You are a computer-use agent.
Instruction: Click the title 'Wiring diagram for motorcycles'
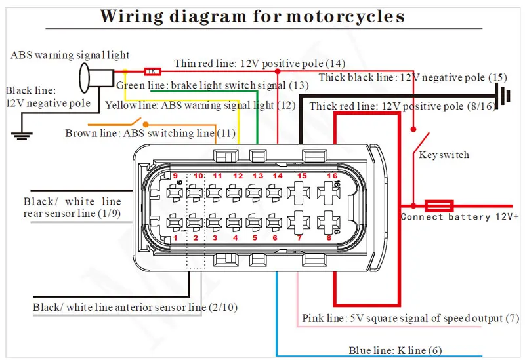point(253,16)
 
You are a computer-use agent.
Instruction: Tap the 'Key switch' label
point(444,155)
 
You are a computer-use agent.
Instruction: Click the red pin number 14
point(278,176)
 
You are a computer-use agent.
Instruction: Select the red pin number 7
point(299,238)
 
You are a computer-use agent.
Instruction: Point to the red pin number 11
point(218,176)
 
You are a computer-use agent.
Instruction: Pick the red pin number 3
point(215,238)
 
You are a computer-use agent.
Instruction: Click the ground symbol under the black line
point(22,135)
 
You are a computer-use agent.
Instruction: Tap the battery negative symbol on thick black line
point(503,95)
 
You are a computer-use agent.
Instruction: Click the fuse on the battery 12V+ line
point(439,206)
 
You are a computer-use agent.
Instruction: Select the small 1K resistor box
point(153,71)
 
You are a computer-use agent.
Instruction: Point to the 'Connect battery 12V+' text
point(459,217)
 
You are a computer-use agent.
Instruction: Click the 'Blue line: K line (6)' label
point(395,350)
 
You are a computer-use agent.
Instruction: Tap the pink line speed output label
point(411,318)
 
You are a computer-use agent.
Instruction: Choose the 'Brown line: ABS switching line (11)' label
point(150,133)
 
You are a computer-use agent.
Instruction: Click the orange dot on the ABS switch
point(146,125)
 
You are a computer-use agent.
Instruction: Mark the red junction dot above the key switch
point(413,129)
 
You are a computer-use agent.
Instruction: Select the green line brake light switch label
point(212,86)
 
